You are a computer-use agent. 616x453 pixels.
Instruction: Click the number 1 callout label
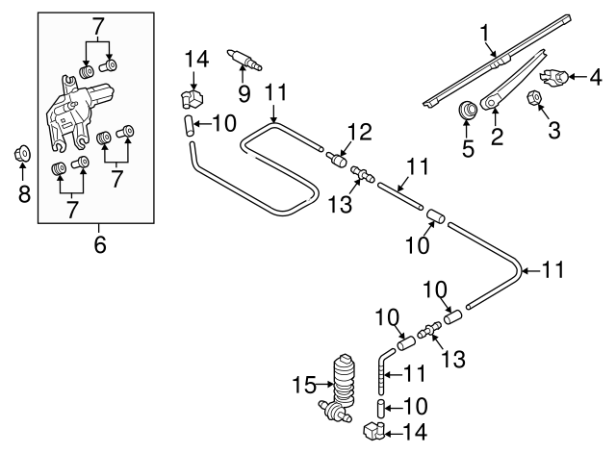486,36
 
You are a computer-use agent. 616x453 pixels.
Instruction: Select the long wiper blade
500,60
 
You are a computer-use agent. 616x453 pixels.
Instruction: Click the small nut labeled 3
534,97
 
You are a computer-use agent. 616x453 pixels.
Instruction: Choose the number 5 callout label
469,149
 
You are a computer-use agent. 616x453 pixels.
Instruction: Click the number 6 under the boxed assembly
97,245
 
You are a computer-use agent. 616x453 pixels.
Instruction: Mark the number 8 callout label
24,195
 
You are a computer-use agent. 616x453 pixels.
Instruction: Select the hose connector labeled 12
339,159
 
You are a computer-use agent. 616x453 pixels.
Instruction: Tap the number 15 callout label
303,386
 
